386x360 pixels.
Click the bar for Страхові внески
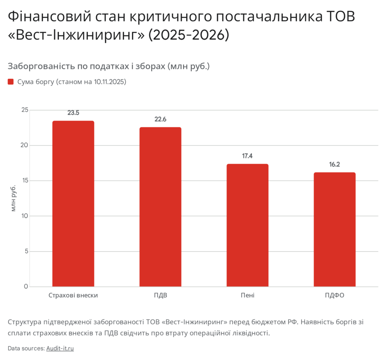tap(73, 204)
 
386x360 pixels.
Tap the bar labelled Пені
tap(247, 225)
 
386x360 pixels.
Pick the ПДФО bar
tap(334, 229)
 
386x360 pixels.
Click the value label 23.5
tap(73, 112)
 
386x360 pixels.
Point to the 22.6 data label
tap(160, 119)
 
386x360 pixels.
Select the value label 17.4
tap(247, 156)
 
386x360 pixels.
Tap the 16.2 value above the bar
tap(334, 165)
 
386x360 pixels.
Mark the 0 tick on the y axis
tap(26, 286)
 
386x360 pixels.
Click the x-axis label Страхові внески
tap(73, 295)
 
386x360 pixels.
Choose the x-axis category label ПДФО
tap(334, 295)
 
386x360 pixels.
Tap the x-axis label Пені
tap(247, 295)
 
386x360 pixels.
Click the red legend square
tap(11, 82)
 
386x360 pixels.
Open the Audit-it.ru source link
tap(60, 348)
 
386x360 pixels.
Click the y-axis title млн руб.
tap(14, 198)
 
